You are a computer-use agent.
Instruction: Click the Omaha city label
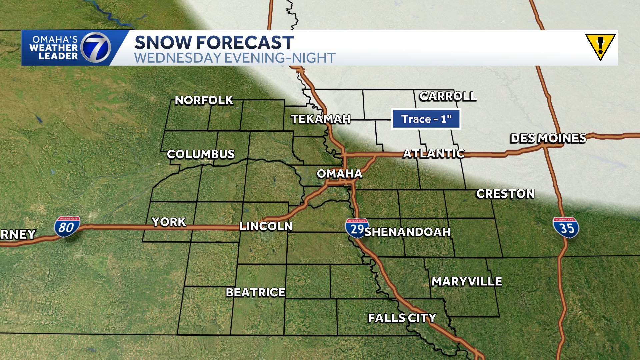339,174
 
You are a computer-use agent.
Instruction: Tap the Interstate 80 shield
67,227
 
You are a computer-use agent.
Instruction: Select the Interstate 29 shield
357,228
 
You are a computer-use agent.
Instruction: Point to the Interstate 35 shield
566,228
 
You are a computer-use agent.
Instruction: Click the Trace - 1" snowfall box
426,119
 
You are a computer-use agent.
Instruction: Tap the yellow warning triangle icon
600,47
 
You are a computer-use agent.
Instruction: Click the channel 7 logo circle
96,48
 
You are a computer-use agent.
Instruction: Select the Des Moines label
548,138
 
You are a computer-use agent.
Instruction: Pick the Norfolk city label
204,100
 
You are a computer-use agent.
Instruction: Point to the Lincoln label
266,226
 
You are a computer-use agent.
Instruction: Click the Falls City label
402,318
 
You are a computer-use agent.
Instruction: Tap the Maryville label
467,282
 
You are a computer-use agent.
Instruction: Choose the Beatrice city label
256,292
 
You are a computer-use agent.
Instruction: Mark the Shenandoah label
407,232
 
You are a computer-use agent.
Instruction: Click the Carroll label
448,96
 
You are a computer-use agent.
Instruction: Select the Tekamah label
321,119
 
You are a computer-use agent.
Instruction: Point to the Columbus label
201,154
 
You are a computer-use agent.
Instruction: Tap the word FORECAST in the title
245,43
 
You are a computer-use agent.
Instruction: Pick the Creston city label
505,194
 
